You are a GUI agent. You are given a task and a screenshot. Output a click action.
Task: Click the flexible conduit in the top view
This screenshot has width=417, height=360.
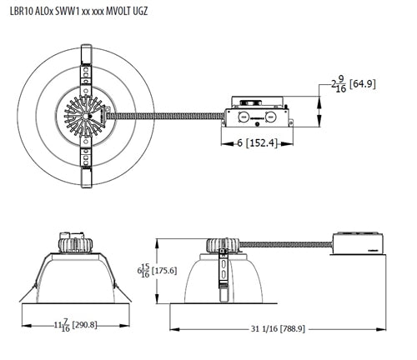[x=167, y=117]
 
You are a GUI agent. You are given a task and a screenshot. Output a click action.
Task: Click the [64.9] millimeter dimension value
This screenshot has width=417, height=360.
[x=364, y=84]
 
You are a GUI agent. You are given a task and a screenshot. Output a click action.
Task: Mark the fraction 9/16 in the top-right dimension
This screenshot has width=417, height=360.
[x=340, y=84]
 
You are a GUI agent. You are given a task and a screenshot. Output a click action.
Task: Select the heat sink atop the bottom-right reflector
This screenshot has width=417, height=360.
[x=223, y=245]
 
